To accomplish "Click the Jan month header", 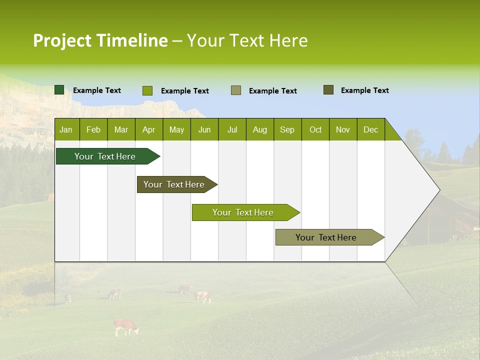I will coord(66,130).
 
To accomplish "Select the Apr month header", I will coord(148,130).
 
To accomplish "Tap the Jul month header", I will coord(232,130).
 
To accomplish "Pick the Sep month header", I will coord(287,130).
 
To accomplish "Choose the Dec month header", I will coord(370,130).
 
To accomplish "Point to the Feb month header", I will coord(93,130).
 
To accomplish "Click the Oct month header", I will coord(315,130).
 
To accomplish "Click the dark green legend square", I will coord(59,90).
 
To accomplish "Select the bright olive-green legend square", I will coord(147,90).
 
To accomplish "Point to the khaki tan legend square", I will coord(236,90).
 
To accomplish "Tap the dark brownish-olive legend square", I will coord(328,90).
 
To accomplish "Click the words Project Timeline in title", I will coord(100,40).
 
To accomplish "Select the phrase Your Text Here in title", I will coord(247,40).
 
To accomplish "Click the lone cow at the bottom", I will coord(125,327).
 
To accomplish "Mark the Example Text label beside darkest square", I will coord(97,90).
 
